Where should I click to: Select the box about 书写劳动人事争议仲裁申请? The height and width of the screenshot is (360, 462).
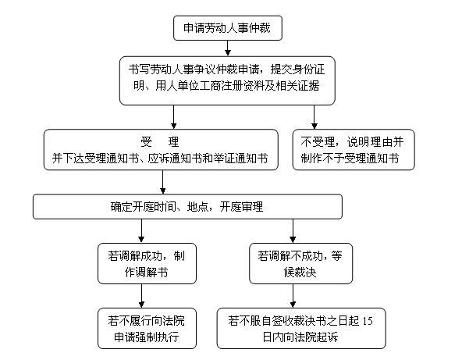pyautogui.click(x=226, y=78)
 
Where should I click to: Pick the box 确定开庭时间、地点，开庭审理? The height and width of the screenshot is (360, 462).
pyautogui.click(x=187, y=206)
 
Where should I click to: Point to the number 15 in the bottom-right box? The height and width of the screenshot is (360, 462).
pyautogui.click(x=368, y=320)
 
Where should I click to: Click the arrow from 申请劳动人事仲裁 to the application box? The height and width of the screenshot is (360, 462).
pyautogui.click(x=227, y=48)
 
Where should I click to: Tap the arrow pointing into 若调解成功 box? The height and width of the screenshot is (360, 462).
pyautogui.click(x=141, y=231)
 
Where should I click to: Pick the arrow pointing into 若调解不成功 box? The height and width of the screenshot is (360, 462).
pyautogui.click(x=292, y=231)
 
